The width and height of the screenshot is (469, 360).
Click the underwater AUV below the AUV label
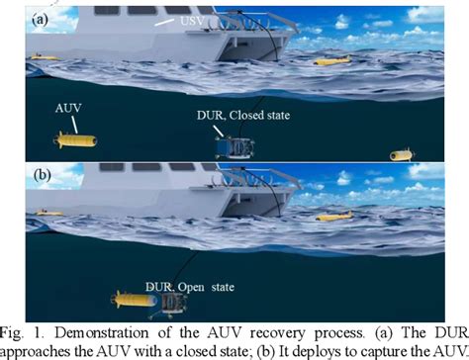click(73, 140)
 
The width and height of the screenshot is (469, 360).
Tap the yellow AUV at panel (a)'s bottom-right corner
click(400, 155)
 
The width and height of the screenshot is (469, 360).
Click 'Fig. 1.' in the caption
click(26, 330)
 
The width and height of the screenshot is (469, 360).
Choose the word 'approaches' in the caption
click(39, 349)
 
